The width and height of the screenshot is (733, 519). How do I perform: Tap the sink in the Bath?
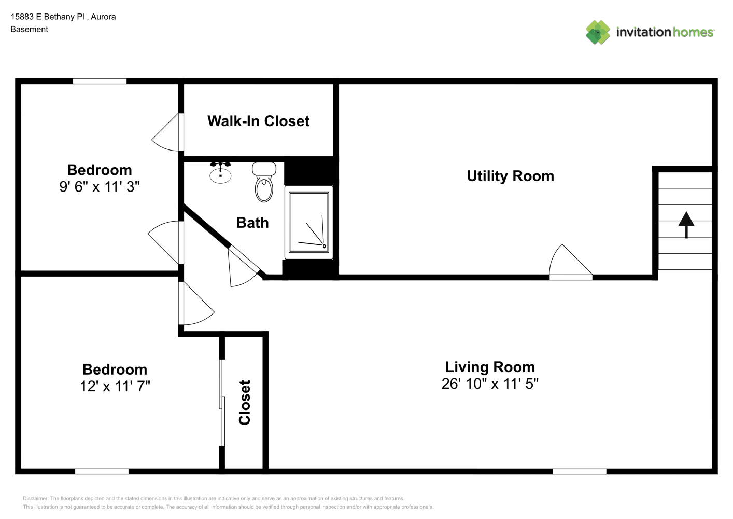(220, 172)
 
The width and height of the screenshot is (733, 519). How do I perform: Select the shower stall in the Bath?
(308, 223)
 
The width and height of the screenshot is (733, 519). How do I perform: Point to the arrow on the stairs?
(686, 225)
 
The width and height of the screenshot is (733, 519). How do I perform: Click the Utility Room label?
(510, 176)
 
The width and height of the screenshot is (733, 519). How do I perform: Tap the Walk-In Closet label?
(258, 121)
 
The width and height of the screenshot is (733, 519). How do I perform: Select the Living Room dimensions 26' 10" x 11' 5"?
(490, 384)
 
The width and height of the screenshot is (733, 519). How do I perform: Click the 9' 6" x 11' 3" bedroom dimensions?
(99, 186)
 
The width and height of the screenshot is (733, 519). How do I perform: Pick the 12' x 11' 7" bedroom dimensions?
(115, 386)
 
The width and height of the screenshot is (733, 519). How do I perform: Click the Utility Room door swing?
(570, 261)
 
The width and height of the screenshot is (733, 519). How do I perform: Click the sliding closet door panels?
(222, 403)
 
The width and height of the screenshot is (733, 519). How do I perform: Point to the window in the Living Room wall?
(579, 471)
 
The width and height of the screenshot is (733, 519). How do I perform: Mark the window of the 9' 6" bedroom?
(100, 81)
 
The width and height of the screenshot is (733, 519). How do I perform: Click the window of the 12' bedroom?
(102, 471)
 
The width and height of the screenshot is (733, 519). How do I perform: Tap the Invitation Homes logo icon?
(598, 32)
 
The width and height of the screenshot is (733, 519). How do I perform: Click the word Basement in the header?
(29, 29)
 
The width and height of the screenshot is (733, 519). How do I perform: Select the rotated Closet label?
(245, 403)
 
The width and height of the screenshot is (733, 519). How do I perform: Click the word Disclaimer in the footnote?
(35, 498)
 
